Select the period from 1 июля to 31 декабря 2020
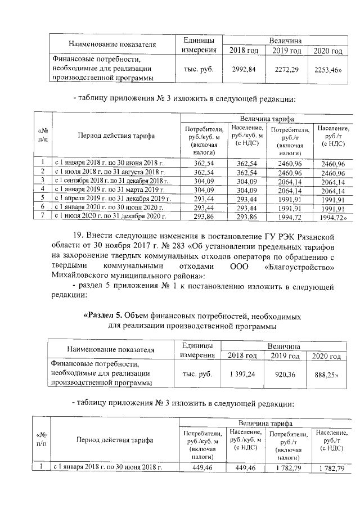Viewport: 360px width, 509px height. pyautogui.click(x=110, y=217)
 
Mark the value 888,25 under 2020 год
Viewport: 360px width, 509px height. pyautogui.click(x=327, y=373)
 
